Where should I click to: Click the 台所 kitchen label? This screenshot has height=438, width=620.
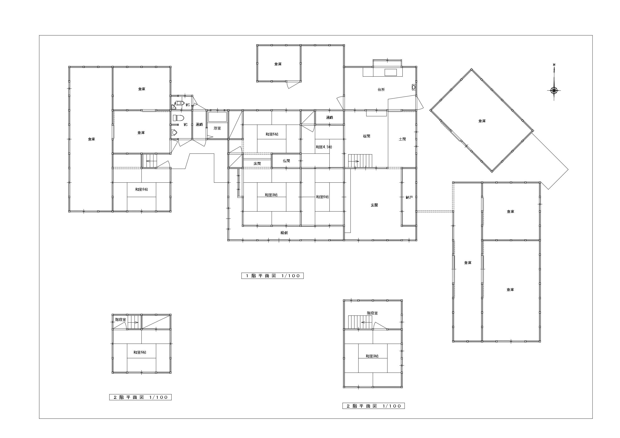click(381, 90)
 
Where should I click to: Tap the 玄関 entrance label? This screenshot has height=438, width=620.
click(374, 205)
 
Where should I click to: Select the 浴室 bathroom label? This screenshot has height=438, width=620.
click(217, 128)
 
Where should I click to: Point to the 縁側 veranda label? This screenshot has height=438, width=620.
click(284, 233)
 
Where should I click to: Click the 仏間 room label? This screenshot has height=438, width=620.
click(287, 161)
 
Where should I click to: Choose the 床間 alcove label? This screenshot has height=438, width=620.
click(257, 163)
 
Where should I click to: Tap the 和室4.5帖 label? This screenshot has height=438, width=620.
click(324, 147)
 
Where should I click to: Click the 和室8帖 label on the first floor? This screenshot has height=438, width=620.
click(271, 195)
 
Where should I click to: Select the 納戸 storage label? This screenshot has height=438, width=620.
click(409, 197)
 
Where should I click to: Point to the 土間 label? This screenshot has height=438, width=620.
click(402, 139)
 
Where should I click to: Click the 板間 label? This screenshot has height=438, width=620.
click(366, 136)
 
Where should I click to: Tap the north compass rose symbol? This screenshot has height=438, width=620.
click(554, 90)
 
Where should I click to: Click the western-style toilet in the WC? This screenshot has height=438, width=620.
click(178, 118)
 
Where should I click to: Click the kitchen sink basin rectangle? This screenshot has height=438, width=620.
click(390, 72)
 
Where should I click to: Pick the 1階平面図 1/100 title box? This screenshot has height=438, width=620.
click(273, 276)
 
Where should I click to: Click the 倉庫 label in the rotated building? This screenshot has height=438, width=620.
click(482, 121)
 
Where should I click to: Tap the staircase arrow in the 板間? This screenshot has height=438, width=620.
click(354, 162)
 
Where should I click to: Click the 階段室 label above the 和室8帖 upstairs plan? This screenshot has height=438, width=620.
click(372, 313)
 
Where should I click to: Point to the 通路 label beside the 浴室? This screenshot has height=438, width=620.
click(199, 125)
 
